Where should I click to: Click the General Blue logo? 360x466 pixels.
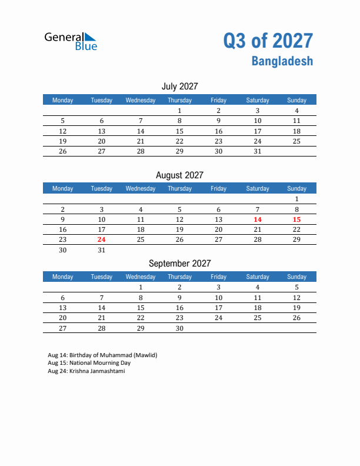click(x=71, y=41)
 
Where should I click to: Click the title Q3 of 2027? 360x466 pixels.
click(x=268, y=41)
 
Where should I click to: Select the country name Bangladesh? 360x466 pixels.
click(x=282, y=61)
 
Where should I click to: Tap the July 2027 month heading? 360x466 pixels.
click(x=179, y=86)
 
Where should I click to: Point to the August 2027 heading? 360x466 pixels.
click(x=179, y=175)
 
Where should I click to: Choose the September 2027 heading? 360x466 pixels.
click(x=179, y=263)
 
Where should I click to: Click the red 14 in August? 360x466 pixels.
click(x=257, y=219)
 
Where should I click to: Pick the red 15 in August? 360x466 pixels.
click(x=296, y=219)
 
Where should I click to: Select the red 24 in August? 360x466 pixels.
click(x=102, y=239)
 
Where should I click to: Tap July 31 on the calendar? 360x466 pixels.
click(x=257, y=151)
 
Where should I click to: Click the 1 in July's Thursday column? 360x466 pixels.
click(x=179, y=111)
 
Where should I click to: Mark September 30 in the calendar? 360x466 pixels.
click(x=179, y=328)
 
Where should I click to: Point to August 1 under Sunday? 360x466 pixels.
click(x=296, y=199)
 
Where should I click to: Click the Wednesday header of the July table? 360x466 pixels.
click(x=141, y=100)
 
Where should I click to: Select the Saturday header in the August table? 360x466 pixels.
click(x=257, y=188)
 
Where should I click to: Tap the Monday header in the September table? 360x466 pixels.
click(x=63, y=277)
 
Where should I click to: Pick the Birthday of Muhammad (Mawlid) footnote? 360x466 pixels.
click(x=102, y=355)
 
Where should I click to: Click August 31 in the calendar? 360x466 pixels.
click(x=102, y=250)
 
